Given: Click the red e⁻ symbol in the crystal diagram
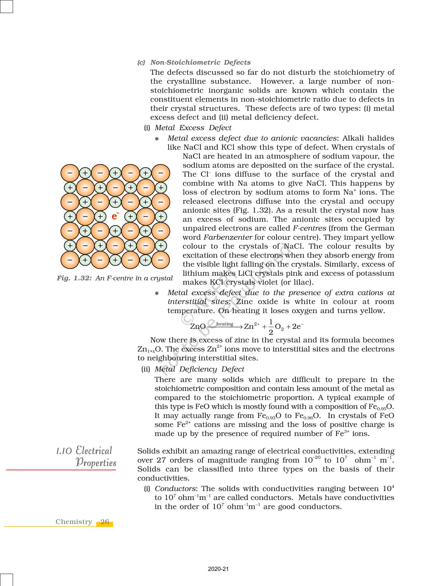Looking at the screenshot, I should (x=115, y=216).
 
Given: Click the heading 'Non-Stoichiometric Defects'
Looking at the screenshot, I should (x=200, y=62).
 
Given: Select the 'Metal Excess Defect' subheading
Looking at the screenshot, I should (x=193, y=128).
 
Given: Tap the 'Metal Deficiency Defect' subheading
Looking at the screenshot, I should (x=199, y=369).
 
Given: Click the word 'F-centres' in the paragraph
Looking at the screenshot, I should (x=309, y=228).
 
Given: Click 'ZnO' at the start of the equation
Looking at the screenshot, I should (x=198, y=326).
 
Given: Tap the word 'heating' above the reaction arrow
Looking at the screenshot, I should (x=225, y=324).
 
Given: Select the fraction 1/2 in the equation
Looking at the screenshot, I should (x=271, y=327).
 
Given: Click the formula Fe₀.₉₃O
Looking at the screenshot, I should (x=269, y=416).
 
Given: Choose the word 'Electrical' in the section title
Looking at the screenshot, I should (x=94, y=451).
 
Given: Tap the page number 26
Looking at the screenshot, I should (x=105, y=522).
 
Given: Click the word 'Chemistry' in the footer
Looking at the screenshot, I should (x=74, y=522).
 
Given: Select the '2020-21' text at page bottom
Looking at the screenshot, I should (x=218, y=569).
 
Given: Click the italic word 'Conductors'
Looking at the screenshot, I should (x=175, y=489).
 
